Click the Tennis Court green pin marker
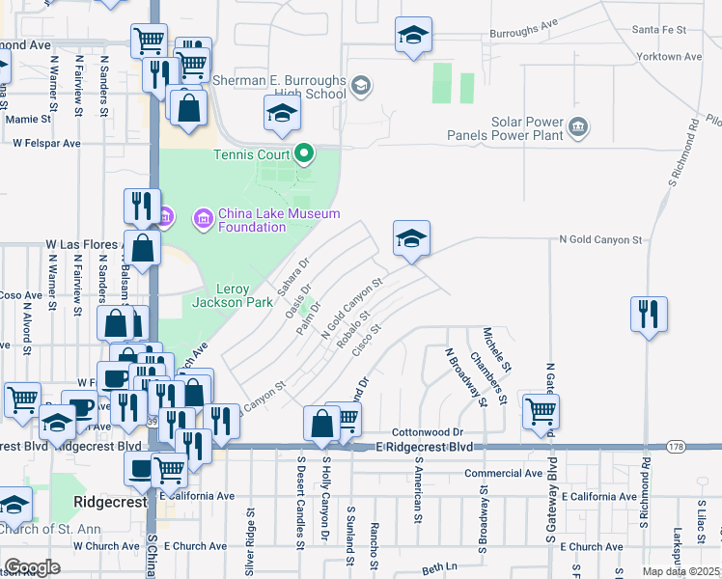click(x=304, y=152)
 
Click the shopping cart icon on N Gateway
click(x=541, y=411)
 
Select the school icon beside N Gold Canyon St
click(x=411, y=239)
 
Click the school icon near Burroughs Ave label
click(x=413, y=37)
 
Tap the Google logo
click(x=32, y=567)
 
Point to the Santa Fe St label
click(x=658, y=31)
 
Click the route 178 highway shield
click(x=676, y=446)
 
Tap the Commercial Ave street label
click(x=503, y=474)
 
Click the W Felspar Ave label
click(x=46, y=143)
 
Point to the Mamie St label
click(x=28, y=120)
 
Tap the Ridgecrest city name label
click(x=109, y=503)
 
